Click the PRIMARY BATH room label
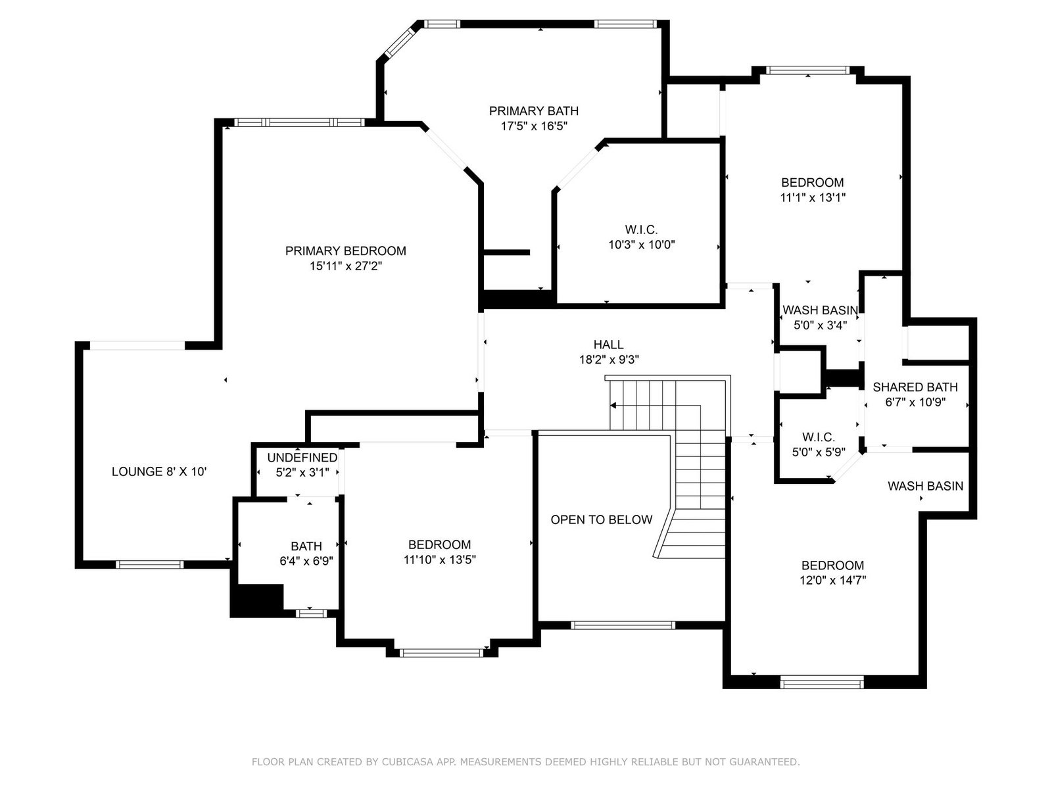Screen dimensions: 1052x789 point(533,111)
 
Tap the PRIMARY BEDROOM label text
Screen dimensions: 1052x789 point(346,251)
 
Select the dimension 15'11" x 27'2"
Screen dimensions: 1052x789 point(346,266)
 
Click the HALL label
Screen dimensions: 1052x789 point(609,345)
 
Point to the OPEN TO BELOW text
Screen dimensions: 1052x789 point(602,520)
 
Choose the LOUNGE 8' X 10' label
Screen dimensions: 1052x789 point(159,472)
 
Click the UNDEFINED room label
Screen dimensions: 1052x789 point(302,458)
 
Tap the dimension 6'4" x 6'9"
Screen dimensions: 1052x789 point(306,561)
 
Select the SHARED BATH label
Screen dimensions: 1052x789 point(915,387)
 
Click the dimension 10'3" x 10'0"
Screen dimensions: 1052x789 point(642,245)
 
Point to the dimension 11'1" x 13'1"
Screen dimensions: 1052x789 point(813,198)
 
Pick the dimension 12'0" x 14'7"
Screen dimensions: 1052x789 point(833,581)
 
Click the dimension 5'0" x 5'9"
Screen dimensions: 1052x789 point(819,452)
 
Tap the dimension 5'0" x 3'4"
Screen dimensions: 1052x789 point(820,325)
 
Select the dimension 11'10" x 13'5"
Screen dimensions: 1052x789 point(439,560)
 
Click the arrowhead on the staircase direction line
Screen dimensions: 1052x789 point(613,406)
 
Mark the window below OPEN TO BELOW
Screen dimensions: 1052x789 point(623,625)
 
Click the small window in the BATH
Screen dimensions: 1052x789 point(311,613)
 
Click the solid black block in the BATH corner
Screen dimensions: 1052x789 point(258,600)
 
